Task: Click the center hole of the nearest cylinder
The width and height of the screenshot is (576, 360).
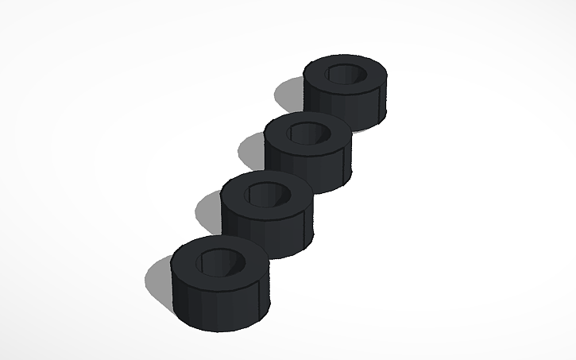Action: click(220, 261)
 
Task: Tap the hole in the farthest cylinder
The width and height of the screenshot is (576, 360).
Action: click(346, 75)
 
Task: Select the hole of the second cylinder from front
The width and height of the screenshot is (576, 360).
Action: click(267, 193)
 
